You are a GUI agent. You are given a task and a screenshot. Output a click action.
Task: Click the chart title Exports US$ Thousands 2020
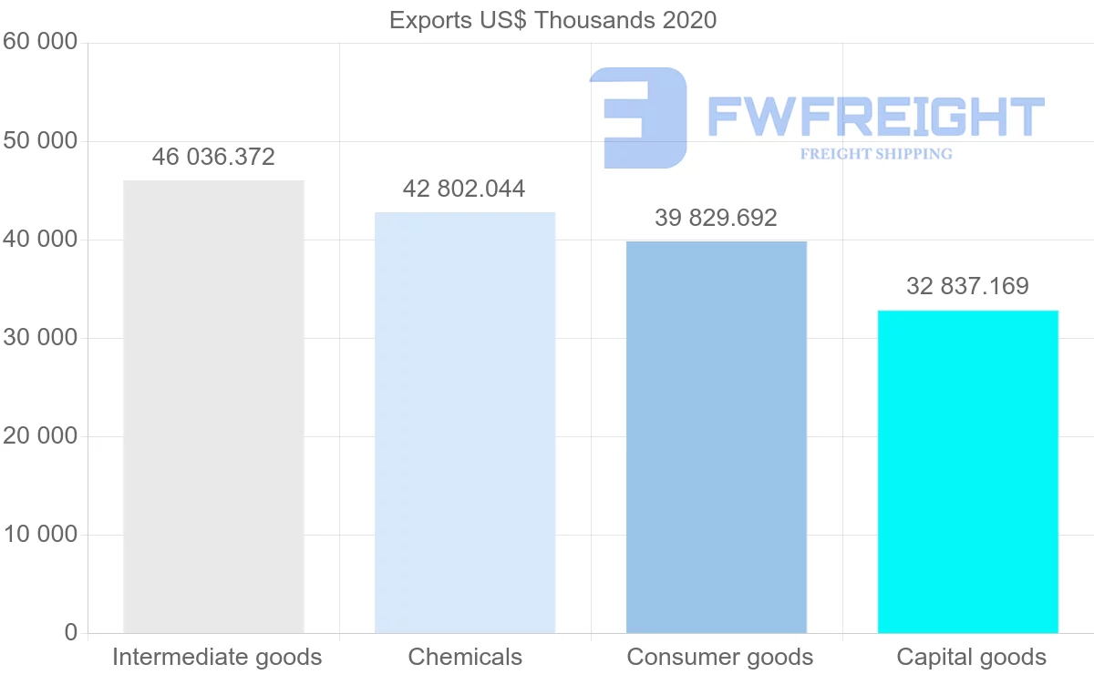click(552, 20)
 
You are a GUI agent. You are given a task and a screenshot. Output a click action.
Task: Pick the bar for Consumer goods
click(717, 436)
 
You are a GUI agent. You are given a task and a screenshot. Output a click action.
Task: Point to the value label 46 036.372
click(213, 158)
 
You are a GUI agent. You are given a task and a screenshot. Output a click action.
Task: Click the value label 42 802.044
click(465, 189)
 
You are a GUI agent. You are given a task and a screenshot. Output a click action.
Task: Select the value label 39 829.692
click(717, 219)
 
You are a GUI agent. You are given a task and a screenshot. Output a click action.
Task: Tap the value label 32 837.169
click(967, 287)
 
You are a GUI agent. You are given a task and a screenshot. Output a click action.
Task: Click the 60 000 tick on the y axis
click(40, 42)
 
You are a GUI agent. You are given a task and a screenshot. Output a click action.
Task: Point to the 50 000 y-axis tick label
click(40, 141)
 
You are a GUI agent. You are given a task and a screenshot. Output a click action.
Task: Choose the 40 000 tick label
click(40, 240)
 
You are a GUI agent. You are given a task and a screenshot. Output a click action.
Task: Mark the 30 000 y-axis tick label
click(40, 338)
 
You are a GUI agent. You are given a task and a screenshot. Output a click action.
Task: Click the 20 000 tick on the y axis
click(40, 436)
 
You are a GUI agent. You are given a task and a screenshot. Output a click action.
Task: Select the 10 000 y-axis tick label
click(40, 535)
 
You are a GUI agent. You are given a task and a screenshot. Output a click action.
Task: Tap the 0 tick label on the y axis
click(71, 633)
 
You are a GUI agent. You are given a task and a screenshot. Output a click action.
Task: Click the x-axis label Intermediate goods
click(217, 658)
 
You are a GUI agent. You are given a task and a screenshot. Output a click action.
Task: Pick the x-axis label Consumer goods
click(720, 658)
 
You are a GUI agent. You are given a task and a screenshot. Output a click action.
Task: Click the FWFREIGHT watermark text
click(875, 117)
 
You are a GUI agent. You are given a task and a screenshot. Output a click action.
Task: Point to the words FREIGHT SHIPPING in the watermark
click(876, 154)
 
